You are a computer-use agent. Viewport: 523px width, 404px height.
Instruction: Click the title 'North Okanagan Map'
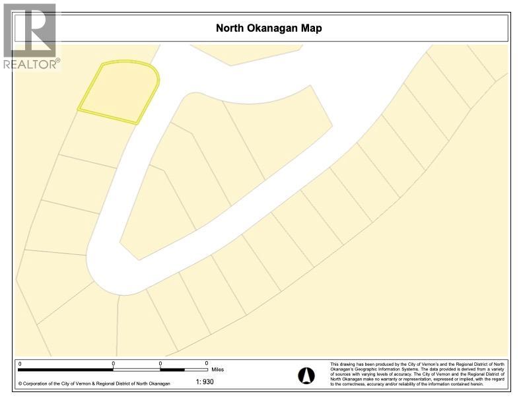[x=269, y=28]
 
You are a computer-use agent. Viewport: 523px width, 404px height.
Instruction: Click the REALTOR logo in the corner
[x=30, y=36]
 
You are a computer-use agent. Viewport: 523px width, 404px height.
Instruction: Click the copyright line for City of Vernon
[x=94, y=383]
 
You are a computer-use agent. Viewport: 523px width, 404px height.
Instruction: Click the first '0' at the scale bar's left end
[x=20, y=363]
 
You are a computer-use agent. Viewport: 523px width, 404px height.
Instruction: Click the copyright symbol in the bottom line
[x=20, y=383]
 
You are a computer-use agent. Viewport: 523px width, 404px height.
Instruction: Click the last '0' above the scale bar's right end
[x=207, y=363]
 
